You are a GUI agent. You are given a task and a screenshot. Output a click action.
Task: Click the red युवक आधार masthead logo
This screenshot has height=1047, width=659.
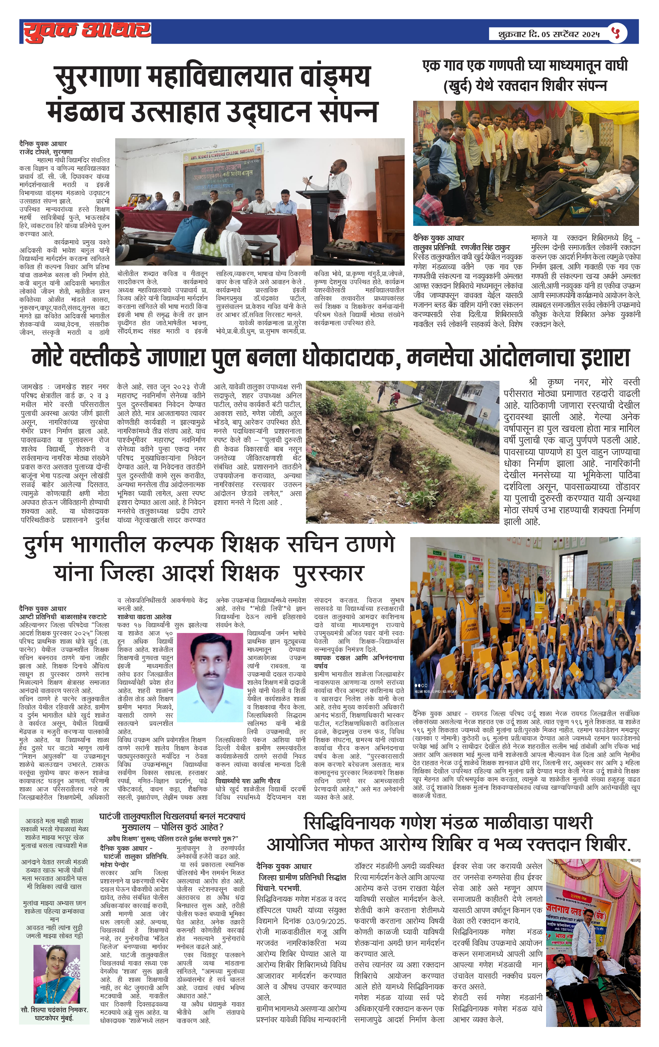[x=87, y=31]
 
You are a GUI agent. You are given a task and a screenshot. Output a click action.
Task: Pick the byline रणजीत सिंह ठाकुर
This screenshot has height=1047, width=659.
[x=485, y=248]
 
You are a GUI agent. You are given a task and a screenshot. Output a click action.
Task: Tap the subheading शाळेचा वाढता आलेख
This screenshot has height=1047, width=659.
[x=144, y=617]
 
